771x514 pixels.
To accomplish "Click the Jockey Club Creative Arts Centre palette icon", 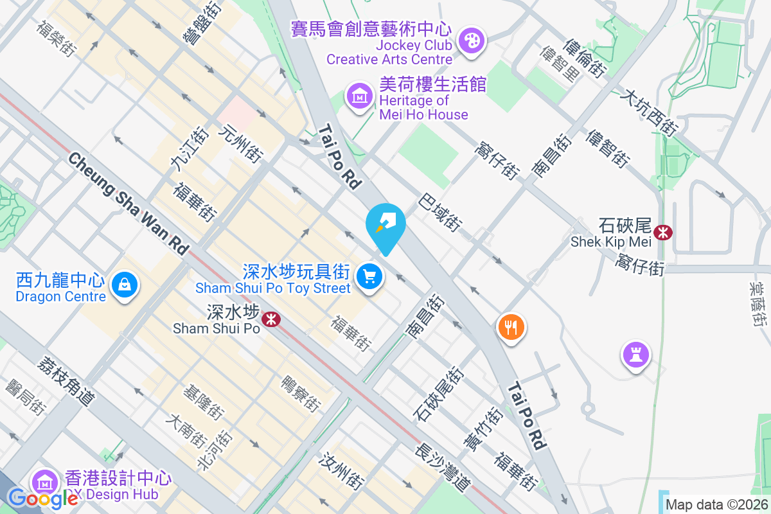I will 472,41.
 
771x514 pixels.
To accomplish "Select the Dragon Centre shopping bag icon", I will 125,284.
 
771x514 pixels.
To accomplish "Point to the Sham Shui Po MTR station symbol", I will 272,318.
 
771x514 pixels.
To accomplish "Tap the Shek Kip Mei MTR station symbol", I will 662,232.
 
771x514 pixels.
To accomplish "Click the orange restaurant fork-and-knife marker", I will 511,328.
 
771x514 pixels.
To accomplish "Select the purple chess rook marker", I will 635,354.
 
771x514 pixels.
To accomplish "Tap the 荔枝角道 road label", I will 66,380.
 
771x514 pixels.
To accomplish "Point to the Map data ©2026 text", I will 716,504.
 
